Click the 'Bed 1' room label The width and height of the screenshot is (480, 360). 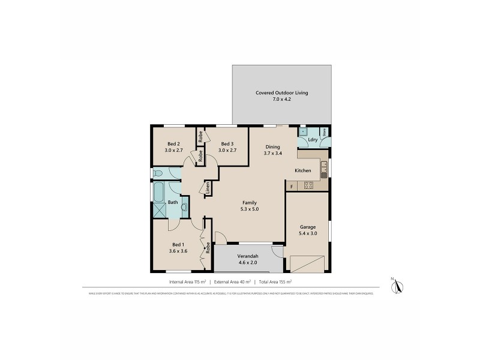(x=178, y=244)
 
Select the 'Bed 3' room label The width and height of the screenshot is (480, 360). (x=226, y=144)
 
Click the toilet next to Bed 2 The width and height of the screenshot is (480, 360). (x=157, y=174)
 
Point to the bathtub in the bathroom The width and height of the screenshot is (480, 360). (x=159, y=193)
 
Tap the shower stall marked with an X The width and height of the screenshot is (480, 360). (x=159, y=210)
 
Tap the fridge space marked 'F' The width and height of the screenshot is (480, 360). (x=292, y=187)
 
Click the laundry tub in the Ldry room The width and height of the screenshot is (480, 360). (x=304, y=132)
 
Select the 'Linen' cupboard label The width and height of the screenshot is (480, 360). (x=207, y=187)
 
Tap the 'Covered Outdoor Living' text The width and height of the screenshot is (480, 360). (x=281, y=93)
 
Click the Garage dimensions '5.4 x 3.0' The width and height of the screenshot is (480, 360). (x=308, y=233)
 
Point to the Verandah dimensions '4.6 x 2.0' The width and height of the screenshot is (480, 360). (x=247, y=263)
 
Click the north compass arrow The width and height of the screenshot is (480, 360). (x=395, y=286)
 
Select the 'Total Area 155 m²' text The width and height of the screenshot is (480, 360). (x=273, y=281)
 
